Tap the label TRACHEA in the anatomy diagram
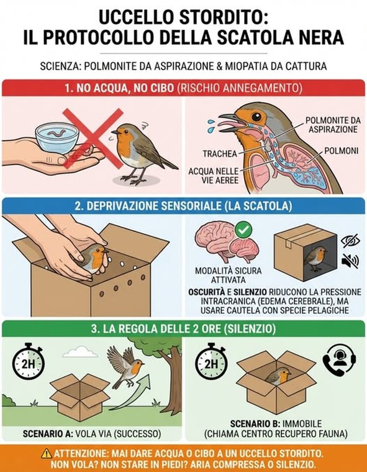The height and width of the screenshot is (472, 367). tap(220, 154)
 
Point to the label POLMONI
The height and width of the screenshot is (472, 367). tap(342, 150)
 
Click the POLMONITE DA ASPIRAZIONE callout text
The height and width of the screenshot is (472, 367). tap(333, 124)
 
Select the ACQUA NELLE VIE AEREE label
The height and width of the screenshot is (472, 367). tap(214, 176)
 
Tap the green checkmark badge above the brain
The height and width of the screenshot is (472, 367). tap(243, 229)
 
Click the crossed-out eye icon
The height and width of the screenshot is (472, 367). tap(350, 241)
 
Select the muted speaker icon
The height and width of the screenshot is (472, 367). tap(350, 261)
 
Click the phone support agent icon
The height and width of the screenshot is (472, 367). tap(339, 359)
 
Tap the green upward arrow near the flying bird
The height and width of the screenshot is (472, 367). tap(132, 394)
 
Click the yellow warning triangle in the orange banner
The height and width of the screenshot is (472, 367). tap(47, 453)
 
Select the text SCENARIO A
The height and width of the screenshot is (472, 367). tap(48, 434)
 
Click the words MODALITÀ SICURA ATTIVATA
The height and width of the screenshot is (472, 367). tap(229, 275)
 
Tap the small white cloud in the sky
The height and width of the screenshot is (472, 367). tap(80, 352)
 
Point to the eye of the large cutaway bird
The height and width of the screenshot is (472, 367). tap(256, 117)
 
